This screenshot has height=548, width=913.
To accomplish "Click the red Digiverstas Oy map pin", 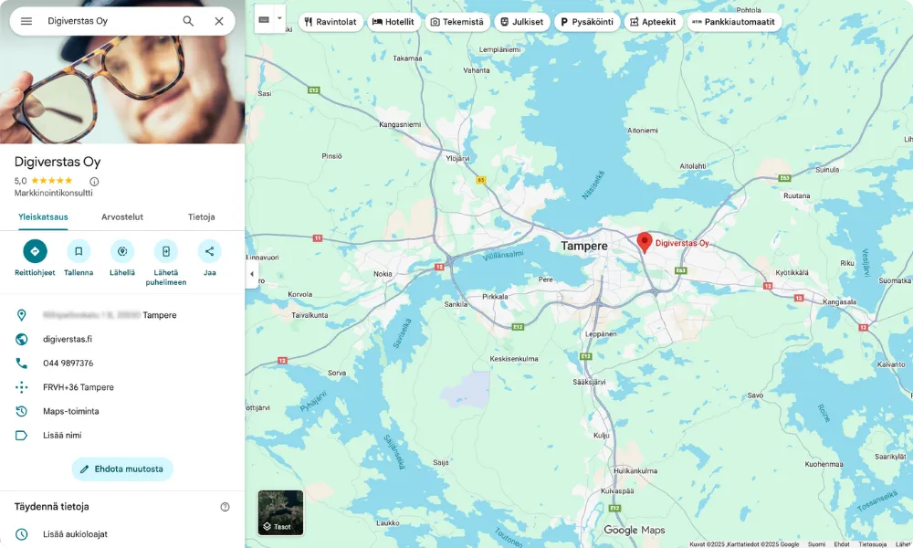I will click(x=644, y=242).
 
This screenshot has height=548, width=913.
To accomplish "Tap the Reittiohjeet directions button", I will click(x=35, y=251).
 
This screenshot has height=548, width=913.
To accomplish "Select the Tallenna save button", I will click(x=79, y=251).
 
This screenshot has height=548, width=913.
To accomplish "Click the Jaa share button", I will click(x=209, y=251).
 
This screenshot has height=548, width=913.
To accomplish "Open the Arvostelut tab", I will click(x=122, y=216).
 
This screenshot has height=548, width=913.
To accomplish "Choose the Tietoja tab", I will click(x=201, y=216).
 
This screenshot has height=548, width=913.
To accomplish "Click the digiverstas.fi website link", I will click(x=68, y=339).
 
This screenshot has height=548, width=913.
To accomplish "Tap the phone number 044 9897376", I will click(x=68, y=364).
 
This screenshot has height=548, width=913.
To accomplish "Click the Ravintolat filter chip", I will click(x=330, y=22).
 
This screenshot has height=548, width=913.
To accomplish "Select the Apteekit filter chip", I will click(x=654, y=22).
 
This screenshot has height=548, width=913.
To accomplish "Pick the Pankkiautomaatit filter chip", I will click(x=734, y=22).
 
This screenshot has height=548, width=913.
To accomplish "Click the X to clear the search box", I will click(x=219, y=21).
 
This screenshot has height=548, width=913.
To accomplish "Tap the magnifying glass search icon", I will click(x=188, y=21).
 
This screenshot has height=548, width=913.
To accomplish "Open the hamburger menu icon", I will click(x=26, y=21).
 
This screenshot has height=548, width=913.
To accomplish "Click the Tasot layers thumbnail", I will click(x=280, y=512).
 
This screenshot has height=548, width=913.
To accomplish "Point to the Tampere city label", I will click(x=584, y=247).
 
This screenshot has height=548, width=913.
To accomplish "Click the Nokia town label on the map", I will click(x=383, y=273).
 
